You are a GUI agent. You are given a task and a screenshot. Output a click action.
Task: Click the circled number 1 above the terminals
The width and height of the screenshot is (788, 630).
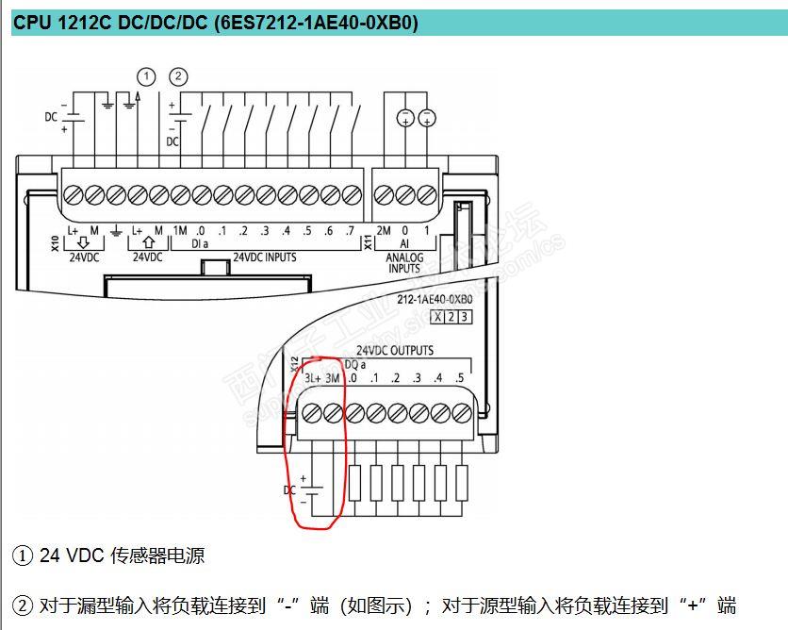[x=145, y=76]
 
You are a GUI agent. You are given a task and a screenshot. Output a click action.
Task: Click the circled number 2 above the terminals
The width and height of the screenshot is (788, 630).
[x=178, y=76]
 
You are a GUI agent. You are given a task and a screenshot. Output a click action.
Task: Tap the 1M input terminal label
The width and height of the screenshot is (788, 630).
[x=180, y=231]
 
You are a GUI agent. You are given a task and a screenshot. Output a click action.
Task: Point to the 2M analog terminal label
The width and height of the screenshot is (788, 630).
[x=384, y=231]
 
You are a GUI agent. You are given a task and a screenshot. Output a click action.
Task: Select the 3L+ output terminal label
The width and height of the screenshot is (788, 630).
[x=314, y=378]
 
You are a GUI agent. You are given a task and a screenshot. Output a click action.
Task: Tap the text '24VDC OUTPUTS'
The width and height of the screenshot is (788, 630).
[x=395, y=351]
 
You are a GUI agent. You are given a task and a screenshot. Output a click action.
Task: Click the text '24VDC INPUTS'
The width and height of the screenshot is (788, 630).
[x=264, y=257]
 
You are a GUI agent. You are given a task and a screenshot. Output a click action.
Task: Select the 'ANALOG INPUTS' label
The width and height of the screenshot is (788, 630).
[x=405, y=262]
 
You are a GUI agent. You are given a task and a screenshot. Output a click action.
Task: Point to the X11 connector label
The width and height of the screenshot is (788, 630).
[x=369, y=242]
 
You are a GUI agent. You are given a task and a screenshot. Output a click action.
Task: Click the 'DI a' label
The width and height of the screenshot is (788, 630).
[x=201, y=244]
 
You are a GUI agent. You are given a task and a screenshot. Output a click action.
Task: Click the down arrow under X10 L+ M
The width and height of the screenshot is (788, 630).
[x=83, y=243]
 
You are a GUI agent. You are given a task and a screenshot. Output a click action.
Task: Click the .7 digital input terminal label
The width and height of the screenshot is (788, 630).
[x=351, y=231]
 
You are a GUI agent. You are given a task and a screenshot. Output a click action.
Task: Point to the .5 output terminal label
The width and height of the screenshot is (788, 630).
[x=459, y=378]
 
